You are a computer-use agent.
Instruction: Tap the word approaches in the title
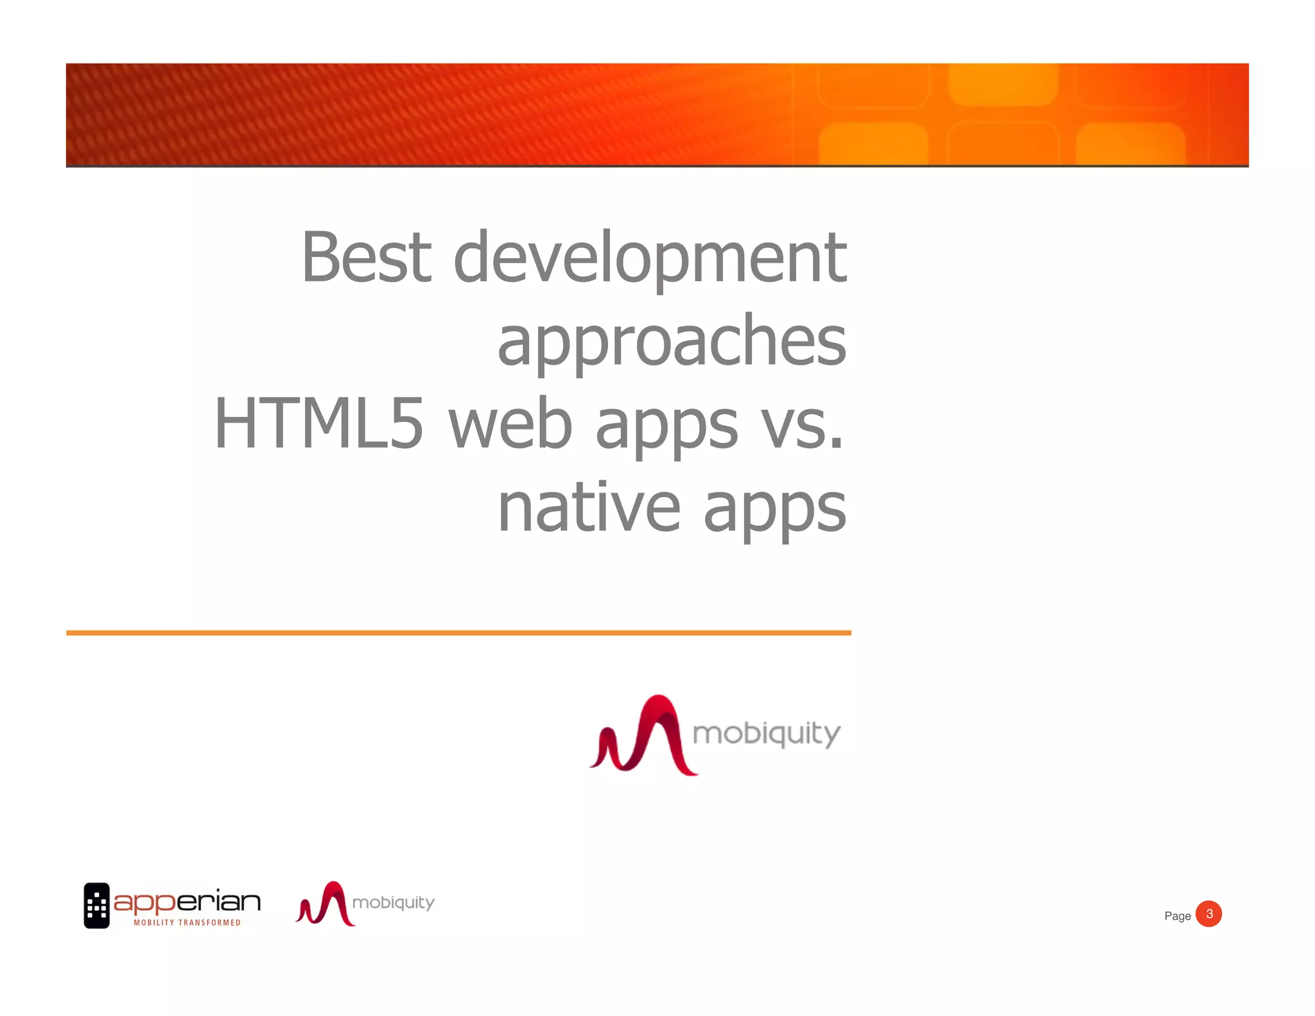tap(672, 342)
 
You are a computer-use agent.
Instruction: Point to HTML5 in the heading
tap(318, 424)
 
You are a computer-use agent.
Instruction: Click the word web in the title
tap(510, 424)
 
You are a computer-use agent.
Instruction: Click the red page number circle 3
tap(1208, 914)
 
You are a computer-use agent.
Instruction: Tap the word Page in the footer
tap(1177, 916)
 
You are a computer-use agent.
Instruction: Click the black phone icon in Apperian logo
tap(97, 906)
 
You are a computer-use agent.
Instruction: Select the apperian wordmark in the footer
tap(187, 902)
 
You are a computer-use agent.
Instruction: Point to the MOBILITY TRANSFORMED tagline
tap(187, 923)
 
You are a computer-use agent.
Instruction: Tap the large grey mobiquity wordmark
tap(766, 733)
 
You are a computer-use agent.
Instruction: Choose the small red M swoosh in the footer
tap(325, 904)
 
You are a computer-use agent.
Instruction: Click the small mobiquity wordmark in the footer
tap(394, 903)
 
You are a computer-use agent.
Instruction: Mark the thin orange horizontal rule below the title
tap(458, 633)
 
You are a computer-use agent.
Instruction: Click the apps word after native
tap(775, 509)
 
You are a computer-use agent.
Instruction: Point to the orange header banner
tap(657, 114)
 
